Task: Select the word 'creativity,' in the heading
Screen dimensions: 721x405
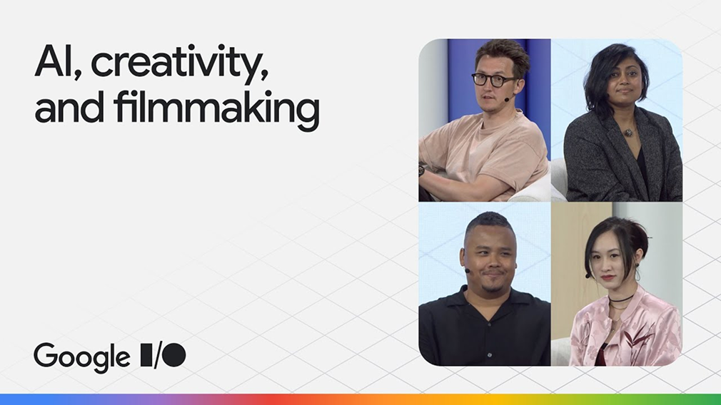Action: coord(180,63)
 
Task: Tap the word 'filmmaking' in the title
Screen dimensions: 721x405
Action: coord(216,107)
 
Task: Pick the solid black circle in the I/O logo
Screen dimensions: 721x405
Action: coord(174,355)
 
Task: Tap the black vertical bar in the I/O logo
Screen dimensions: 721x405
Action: coord(146,355)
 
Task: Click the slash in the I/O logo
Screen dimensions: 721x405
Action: coord(157,355)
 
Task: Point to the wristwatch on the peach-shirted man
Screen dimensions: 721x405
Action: coord(421,170)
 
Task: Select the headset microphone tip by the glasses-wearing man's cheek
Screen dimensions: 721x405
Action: coord(506,99)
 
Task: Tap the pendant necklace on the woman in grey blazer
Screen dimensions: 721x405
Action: coord(627,132)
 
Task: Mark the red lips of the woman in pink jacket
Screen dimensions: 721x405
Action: coord(607,278)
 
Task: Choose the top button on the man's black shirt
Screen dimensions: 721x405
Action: coord(489,324)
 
